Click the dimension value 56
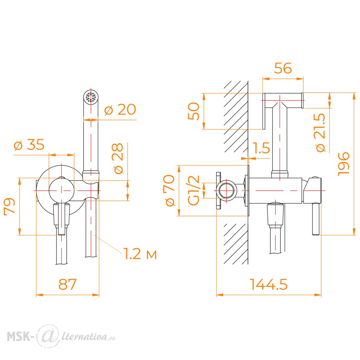[x=283, y=68]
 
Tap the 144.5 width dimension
[x=269, y=284]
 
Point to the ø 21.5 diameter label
[x=320, y=133]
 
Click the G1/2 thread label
[x=194, y=190]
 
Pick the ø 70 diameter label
[x=170, y=190]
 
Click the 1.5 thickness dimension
[x=261, y=148]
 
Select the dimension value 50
[x=194, y=111]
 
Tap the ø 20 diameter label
[x=120, y=109]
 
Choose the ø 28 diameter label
[x=118, y=158]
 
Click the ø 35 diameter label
[x=29, y=145]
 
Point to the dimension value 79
[x=10, y=206]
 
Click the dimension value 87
[x=67, y=284]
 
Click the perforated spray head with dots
[x=91, y=97]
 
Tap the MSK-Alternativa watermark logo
[x=61, y=336]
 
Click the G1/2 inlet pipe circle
[x=228, y=190]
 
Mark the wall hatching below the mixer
[x=235, y=244]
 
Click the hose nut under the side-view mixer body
[x=275, y=215]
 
